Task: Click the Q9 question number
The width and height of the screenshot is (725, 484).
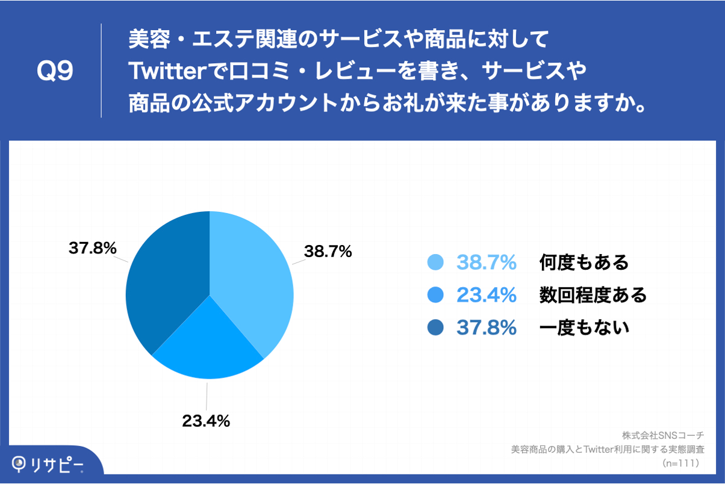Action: click(55, 72)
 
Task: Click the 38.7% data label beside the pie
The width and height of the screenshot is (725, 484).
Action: click(328, 252)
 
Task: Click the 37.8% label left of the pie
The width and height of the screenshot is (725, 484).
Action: click(92, 248)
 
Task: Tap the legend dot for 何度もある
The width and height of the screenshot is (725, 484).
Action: click(435, 262)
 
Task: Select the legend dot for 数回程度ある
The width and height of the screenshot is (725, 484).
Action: click(435, 295)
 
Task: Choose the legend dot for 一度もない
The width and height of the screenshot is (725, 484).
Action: click(435, 327)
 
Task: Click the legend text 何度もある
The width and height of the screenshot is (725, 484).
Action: click(583, 262)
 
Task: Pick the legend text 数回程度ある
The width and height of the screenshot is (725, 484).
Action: click(593, 295)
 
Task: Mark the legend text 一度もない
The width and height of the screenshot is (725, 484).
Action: click(583, 327)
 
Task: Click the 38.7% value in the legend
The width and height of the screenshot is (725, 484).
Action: click(487, 262)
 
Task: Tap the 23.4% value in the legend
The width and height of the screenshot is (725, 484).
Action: click(487, 295)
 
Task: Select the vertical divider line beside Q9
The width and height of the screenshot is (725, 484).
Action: click(101, 70)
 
